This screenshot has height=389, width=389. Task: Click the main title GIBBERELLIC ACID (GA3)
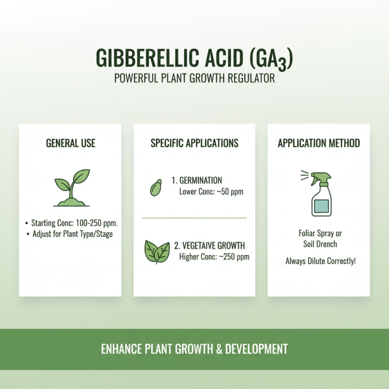[194, 59]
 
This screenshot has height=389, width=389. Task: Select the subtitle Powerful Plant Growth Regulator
[194, 78]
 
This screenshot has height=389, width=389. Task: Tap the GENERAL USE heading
[71, 143]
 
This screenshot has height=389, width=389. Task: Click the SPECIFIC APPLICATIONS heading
[194, 143]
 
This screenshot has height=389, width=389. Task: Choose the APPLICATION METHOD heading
[318, 143]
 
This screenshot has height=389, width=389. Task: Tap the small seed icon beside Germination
[156, 188]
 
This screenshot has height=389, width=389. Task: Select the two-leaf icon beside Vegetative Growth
[157, 251]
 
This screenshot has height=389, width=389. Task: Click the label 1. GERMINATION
[196, 180]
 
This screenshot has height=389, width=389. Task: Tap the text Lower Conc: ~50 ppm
[211, 192]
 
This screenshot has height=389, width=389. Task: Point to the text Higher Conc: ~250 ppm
[214, 257]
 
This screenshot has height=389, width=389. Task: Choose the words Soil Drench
[318, 244]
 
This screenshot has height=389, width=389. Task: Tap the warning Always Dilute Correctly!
[320, 261]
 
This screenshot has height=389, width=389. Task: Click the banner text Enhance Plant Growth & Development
[194, 349]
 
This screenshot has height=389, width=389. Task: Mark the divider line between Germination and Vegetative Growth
[194, 218]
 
